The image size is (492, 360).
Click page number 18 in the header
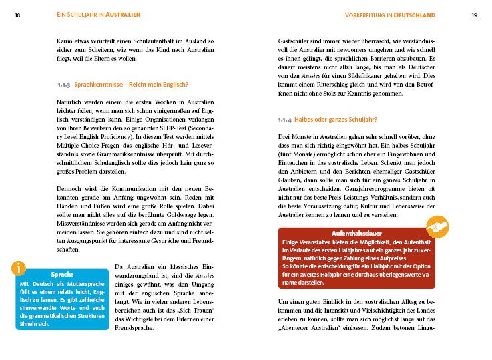click(x=17, y=15)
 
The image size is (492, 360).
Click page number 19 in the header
click(x=474, y=15)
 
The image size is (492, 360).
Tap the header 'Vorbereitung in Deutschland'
click(x=390, y=15)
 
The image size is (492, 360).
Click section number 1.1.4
click(x=286, y=120)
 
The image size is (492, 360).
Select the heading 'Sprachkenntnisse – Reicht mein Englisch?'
click(x=131, y=84)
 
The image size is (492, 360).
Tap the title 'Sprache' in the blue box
click(x=61, y=275)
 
